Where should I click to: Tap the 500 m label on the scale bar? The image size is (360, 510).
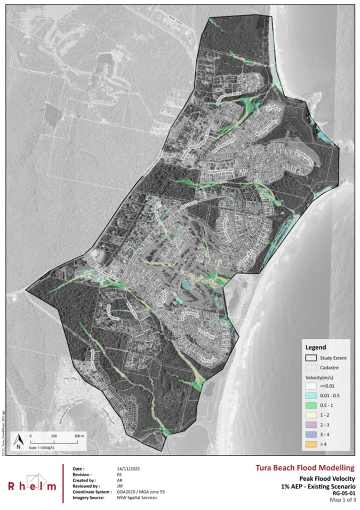[x=78, y=435]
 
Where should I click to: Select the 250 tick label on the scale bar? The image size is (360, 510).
[x=54, y=435]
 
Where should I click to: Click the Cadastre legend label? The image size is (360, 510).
[x=335, y=368]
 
